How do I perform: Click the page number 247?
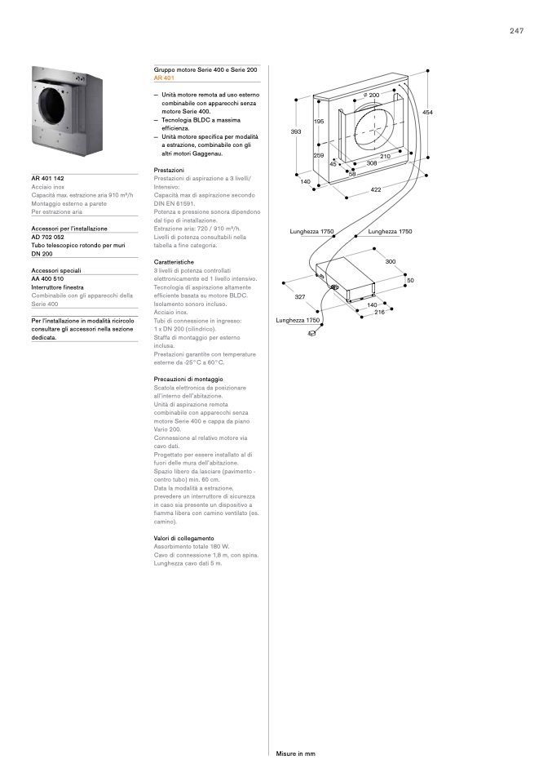pyautogui.click(x=516, y=31)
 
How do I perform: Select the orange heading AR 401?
pyautogui.click(x=164, y=78)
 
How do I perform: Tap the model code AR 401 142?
pyautogui.click(x=47, y=178)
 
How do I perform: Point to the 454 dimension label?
pyautogui.click(x=427, y=112)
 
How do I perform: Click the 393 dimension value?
pyautogui.click(x=296, y=131)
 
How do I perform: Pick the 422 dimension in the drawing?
pyautogui.click(x=376, y=189)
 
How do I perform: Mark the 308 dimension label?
pyautogui.click(x=371, y=163)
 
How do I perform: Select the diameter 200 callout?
pyautogui.click(x=371, y=96)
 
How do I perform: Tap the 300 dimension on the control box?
pyautogui.click(x=390, y=262)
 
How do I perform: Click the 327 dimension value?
pyautogui.click(x=300, y=297)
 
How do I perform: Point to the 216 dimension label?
pyautogui.click(x=379, y=313)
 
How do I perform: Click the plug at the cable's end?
pyautogui.click(x=311, y=333)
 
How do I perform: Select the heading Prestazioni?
pyautogui.click(x=169, y=170)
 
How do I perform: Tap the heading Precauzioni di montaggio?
pyautogui.click(x=188, y=380)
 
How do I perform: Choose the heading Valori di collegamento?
pyautogui.click(x=183, y=539)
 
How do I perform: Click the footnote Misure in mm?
pyautogui.click(x=295, y=753)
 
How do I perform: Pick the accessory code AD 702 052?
pyautogui.click(x=50, y=237)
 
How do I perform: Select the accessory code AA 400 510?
pyautogui.click(x=50, y=278)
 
